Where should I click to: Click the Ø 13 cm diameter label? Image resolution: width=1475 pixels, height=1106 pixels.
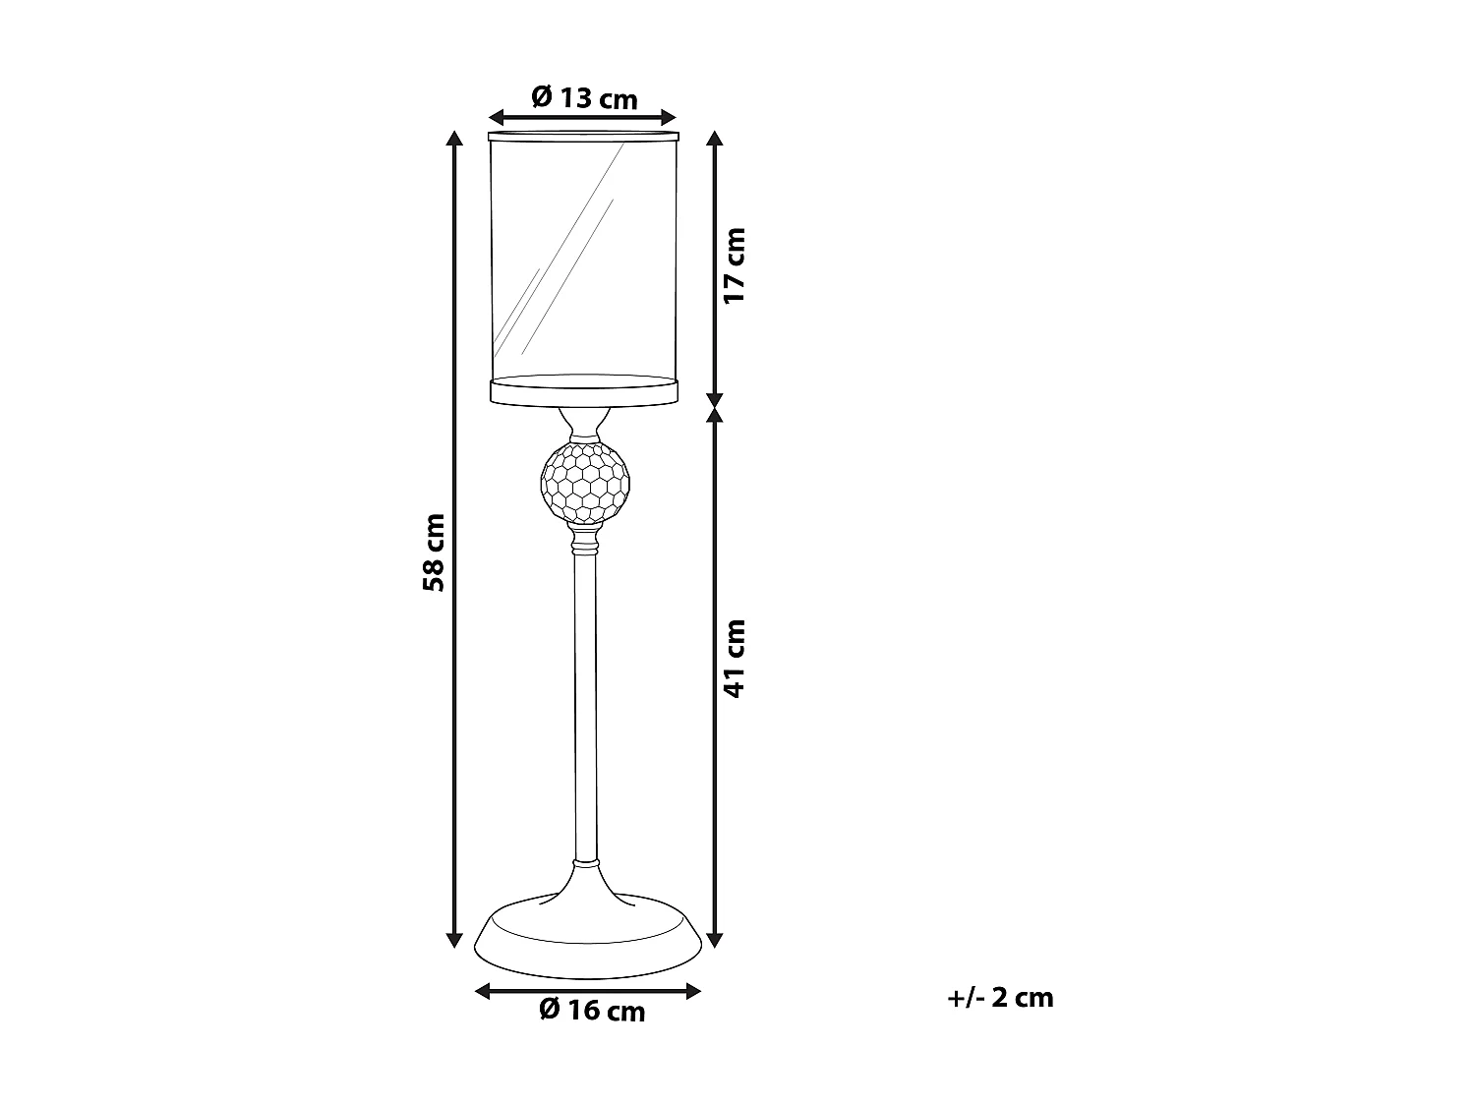click(x=584, y=98)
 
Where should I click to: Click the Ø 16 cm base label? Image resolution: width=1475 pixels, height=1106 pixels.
click(x=592, y=1010)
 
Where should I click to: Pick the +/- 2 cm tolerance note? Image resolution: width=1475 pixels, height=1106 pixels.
click(x=1000, y=998)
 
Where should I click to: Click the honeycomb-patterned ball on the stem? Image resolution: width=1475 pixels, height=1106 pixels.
click(x=583, y=481)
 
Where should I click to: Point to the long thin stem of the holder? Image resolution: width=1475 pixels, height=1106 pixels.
click(x=584, y=708)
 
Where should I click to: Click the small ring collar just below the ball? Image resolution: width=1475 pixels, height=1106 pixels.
click(x=584, y=542)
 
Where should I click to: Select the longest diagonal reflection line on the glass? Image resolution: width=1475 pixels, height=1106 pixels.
click(x=560, y=246)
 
